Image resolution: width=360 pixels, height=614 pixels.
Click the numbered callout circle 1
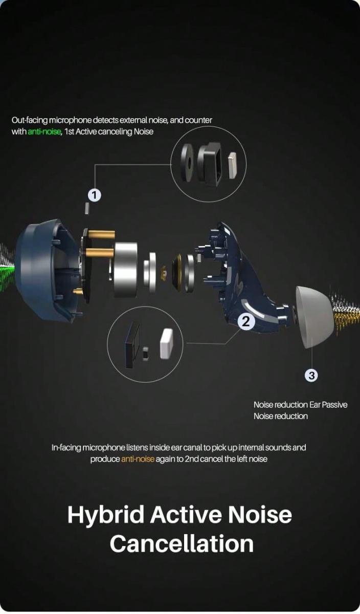tap(94, 195)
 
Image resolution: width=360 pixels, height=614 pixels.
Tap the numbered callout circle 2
tap(246, 321)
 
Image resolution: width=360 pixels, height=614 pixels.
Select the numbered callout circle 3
tap(311, 375)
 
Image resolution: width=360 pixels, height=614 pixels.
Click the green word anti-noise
tap(44, 132)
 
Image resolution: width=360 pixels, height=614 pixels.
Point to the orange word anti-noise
tap(138, 459)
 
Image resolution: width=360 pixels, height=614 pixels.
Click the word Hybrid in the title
tap(106, 515)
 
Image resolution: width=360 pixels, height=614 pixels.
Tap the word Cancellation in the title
tap(182, 544)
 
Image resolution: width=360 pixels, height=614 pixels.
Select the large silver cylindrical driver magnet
tap(125, 270)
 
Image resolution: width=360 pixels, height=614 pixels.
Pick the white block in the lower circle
tap(166, 344)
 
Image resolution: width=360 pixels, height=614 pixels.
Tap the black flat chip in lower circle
tap(132, 345)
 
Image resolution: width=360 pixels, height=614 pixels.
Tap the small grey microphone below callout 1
tap(87, 209)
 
